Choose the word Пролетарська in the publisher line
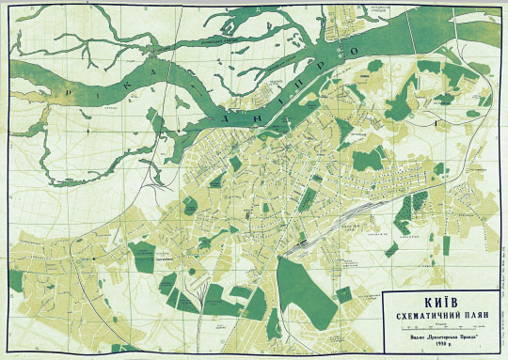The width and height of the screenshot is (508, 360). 440,336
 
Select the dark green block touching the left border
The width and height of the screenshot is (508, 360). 16,279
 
